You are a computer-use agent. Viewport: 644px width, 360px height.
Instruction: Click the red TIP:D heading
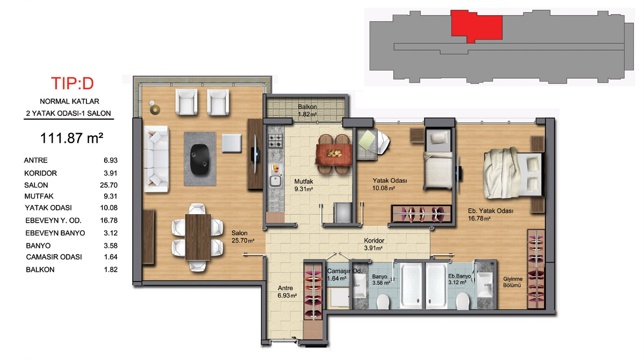[x=72, y=84]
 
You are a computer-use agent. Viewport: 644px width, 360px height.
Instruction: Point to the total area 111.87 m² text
[x=71, y=138]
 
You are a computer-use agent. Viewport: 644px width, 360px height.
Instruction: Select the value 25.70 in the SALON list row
[x=108, y=185]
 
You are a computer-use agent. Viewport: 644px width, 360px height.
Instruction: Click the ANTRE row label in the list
[x=35, y=160]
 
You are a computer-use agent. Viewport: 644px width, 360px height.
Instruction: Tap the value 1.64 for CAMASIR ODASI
[x=111, y=257]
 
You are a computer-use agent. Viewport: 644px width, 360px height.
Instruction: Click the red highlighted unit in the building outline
[x=476, y=25]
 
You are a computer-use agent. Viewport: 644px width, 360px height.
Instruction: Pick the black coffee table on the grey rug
[x=200, y=159]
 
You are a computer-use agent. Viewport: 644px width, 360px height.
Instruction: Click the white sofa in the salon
[x=156, y=159]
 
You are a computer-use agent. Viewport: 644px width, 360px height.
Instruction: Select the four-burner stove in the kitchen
[x=275, y=141]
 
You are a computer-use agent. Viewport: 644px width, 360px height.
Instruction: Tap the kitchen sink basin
[x=275, y=181]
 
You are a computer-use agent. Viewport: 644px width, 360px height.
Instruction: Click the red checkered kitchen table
[x=334, y=155]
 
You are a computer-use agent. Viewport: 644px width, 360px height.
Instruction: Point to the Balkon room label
[x=308, y=107]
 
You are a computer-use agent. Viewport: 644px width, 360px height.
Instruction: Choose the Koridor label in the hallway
[x=374, y=240]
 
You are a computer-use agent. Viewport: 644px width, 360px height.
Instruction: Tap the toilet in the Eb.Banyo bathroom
[x=463, y=301]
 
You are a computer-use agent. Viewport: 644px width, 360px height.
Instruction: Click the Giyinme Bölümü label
[x=513, y=282]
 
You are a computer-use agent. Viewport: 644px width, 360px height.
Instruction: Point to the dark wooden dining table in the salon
[x=198, y=237]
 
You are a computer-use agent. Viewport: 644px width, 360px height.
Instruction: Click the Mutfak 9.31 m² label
[x=304, y=185]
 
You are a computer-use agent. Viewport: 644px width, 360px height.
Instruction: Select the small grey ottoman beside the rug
[x=231, y=143]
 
